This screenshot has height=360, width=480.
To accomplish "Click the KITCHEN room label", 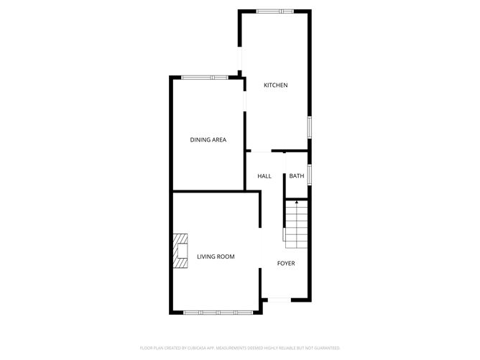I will click(275, 86).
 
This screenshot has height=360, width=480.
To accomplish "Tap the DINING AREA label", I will click(208, 139).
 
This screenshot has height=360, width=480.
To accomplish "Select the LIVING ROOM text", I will click(216, 257).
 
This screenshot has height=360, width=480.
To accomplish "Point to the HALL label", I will click(264, 176).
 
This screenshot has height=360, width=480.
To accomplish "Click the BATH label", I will click(297, 176).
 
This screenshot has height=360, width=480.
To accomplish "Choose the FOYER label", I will click(286, 263).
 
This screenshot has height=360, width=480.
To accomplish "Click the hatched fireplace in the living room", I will click(180, 251).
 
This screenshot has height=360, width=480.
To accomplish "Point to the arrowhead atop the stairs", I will click(296, 203).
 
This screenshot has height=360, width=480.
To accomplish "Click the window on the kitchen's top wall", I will click(275, 11).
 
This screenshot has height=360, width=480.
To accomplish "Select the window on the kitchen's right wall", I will click(310, 127).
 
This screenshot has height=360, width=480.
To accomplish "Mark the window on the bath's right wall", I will click(310, 175).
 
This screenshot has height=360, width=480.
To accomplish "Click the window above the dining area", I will click(204, 77).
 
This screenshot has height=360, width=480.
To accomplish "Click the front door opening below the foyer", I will click(279, 299).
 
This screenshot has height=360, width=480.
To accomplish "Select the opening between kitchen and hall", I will click(266, 152).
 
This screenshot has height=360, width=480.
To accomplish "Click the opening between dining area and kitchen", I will click(245, 100).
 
